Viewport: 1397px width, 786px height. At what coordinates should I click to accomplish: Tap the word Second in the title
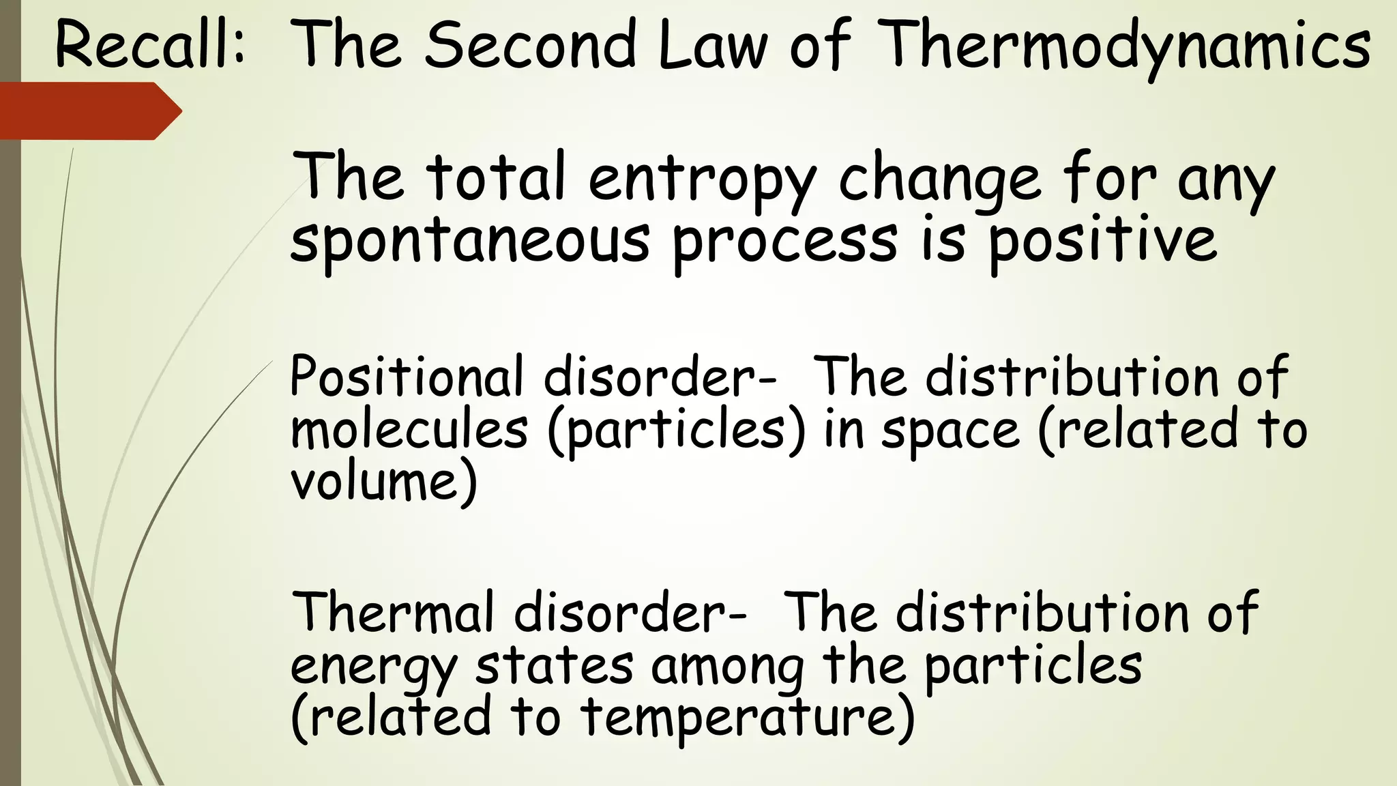pyautogui.click(x=530, y=45)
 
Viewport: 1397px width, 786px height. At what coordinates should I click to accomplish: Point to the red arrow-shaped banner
pyautogui.click(x=89, y=111)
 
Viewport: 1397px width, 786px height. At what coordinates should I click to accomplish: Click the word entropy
pyautogui.click(x=702, y=179)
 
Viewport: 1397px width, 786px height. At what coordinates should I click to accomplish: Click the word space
pyautogui.click(x=950, y=430)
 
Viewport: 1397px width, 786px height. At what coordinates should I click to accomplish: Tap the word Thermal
pyautogui.click(x=392, y=612)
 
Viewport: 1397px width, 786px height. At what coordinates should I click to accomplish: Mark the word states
pyautogui.click(x=554, y=665)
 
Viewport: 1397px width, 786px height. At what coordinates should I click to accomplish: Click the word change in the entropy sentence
pyautogui.click(x=939, y=179)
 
